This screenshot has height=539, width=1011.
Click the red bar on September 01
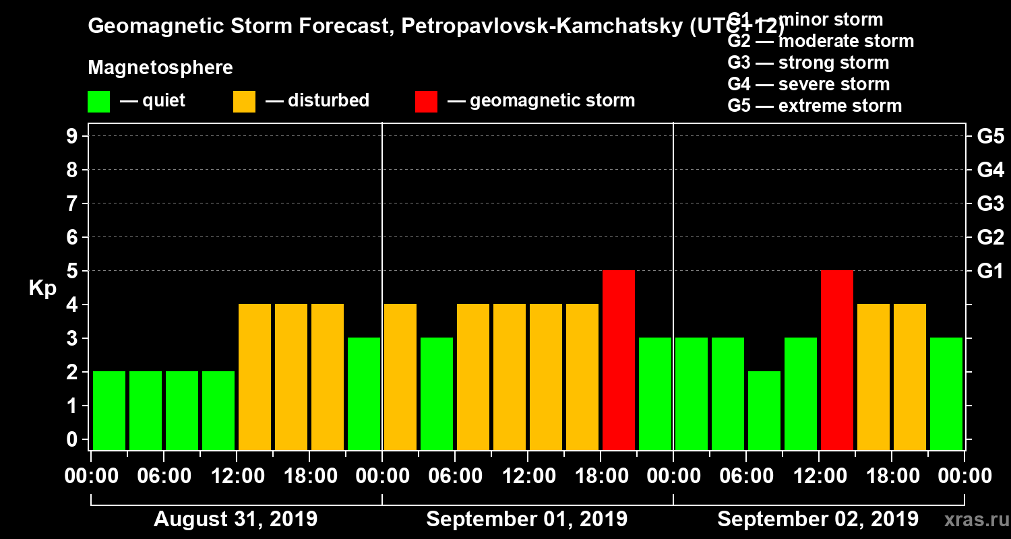point(619,360)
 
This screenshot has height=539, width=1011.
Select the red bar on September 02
point(837,360)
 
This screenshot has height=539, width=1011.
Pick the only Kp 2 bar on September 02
point(764,410)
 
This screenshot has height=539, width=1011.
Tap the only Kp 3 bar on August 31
point(364,393)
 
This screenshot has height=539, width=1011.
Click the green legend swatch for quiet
point(98,101)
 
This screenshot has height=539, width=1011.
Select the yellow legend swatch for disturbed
point(244,101)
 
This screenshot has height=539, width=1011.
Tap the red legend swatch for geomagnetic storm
point(426,101)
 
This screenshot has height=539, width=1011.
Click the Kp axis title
point(42,288)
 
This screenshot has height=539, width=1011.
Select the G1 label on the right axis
point(990,272)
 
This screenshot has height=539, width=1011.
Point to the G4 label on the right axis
point(990,170)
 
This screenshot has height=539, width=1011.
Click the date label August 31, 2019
point(236,519)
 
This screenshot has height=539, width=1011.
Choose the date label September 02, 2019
point(818,519)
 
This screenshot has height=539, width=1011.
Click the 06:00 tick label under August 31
point(164,476)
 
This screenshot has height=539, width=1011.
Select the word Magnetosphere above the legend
point(160,68)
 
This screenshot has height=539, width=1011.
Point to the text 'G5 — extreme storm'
point(814,106)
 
